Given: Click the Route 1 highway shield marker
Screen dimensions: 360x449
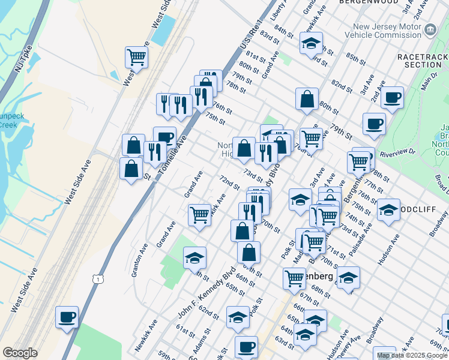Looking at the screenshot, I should pyautogui.click(x=97, y=279).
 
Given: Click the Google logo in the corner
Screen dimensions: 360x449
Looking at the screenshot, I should pyautogui.click(x=20, y=353).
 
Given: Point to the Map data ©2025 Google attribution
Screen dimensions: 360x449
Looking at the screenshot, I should pyautogui.click(x=412, y=355).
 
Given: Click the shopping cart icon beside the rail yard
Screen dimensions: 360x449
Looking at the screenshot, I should pyautogui.click(x=137, y=58).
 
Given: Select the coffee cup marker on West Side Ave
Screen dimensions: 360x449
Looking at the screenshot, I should pyautogui.click(x=67, y=316).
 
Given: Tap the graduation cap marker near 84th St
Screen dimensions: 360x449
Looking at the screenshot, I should pyautogui.click(x=311, y=43).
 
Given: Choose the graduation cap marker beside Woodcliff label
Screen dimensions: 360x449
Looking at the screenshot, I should pyautogui.click(x=388, y=210).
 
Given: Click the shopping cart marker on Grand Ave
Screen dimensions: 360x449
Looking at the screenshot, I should pyautogui.click(x=199, y=214).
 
